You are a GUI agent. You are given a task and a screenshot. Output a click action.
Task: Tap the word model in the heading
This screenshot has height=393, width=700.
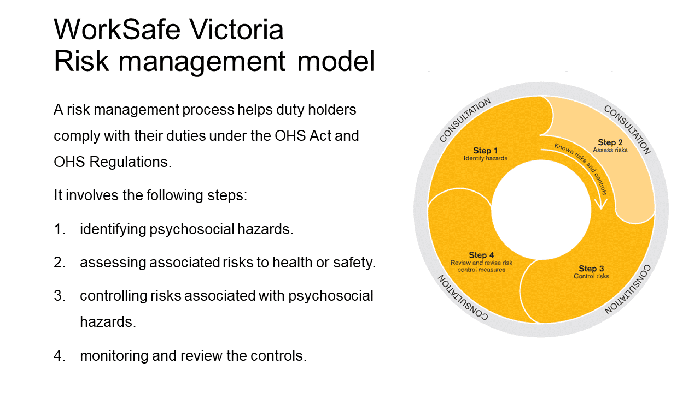click(336, 62)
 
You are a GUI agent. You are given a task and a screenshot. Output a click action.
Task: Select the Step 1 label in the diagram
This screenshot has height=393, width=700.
click(485, 151)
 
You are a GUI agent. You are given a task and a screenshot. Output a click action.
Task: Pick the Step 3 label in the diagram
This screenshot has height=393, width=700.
click(591, 268)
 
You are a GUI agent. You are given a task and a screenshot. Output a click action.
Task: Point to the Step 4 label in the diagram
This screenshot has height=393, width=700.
click(481, 255)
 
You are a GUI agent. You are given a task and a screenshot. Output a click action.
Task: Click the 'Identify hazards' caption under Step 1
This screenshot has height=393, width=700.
click(486, 158)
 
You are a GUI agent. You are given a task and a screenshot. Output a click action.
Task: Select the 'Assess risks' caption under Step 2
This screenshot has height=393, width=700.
click(610, 150)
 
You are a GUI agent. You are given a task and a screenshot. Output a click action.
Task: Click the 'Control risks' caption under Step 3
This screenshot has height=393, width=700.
click(591, 276)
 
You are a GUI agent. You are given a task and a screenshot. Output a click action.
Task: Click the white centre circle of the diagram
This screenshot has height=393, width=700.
click(541, 210)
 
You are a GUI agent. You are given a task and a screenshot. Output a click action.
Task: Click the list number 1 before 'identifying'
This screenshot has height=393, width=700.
click(59, 229)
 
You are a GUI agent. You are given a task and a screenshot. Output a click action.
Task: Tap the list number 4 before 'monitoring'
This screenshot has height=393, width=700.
click(59, 356)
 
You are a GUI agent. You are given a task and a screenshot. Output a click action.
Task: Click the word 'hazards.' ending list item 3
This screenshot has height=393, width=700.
click(108, 322)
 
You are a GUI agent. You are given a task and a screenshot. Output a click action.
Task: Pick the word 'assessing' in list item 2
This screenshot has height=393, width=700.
click(113, 263)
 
